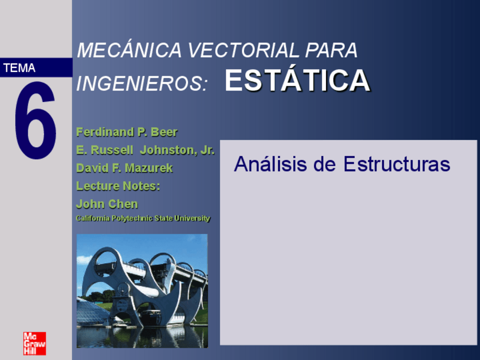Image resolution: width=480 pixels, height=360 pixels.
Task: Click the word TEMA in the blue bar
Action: tap(19, 68)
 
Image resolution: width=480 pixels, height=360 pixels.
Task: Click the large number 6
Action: tap(36, 121)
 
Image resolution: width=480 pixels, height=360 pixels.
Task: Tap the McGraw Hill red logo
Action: tap(35, 344)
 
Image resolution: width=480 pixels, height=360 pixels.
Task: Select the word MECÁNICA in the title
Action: tap(129, 49)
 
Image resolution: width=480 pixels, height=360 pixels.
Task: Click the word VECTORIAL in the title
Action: tap(243, 50)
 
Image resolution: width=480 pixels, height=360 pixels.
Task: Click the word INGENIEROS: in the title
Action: tap(142, 83)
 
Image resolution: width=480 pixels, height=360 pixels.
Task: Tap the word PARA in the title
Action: tap(331, 50)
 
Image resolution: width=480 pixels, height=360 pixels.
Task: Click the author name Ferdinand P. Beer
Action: tap(127, 132)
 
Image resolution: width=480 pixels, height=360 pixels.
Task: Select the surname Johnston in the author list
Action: tap(168, 150)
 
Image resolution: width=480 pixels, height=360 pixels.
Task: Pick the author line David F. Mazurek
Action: tap(125, 168)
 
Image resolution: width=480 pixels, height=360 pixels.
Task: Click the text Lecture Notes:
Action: tap(118, 186)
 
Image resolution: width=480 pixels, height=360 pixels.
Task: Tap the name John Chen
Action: tap(107, 204)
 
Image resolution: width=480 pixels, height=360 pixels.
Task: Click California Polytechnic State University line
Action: tap(143, 218)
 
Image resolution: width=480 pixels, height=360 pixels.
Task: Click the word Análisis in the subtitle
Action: tap(271, 164)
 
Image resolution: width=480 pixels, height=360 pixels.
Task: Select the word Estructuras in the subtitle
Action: tap(397, 164)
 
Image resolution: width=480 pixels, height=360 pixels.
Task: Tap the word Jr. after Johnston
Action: tap(208, 150)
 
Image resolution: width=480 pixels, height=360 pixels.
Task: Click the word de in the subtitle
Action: tap(325, 164)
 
